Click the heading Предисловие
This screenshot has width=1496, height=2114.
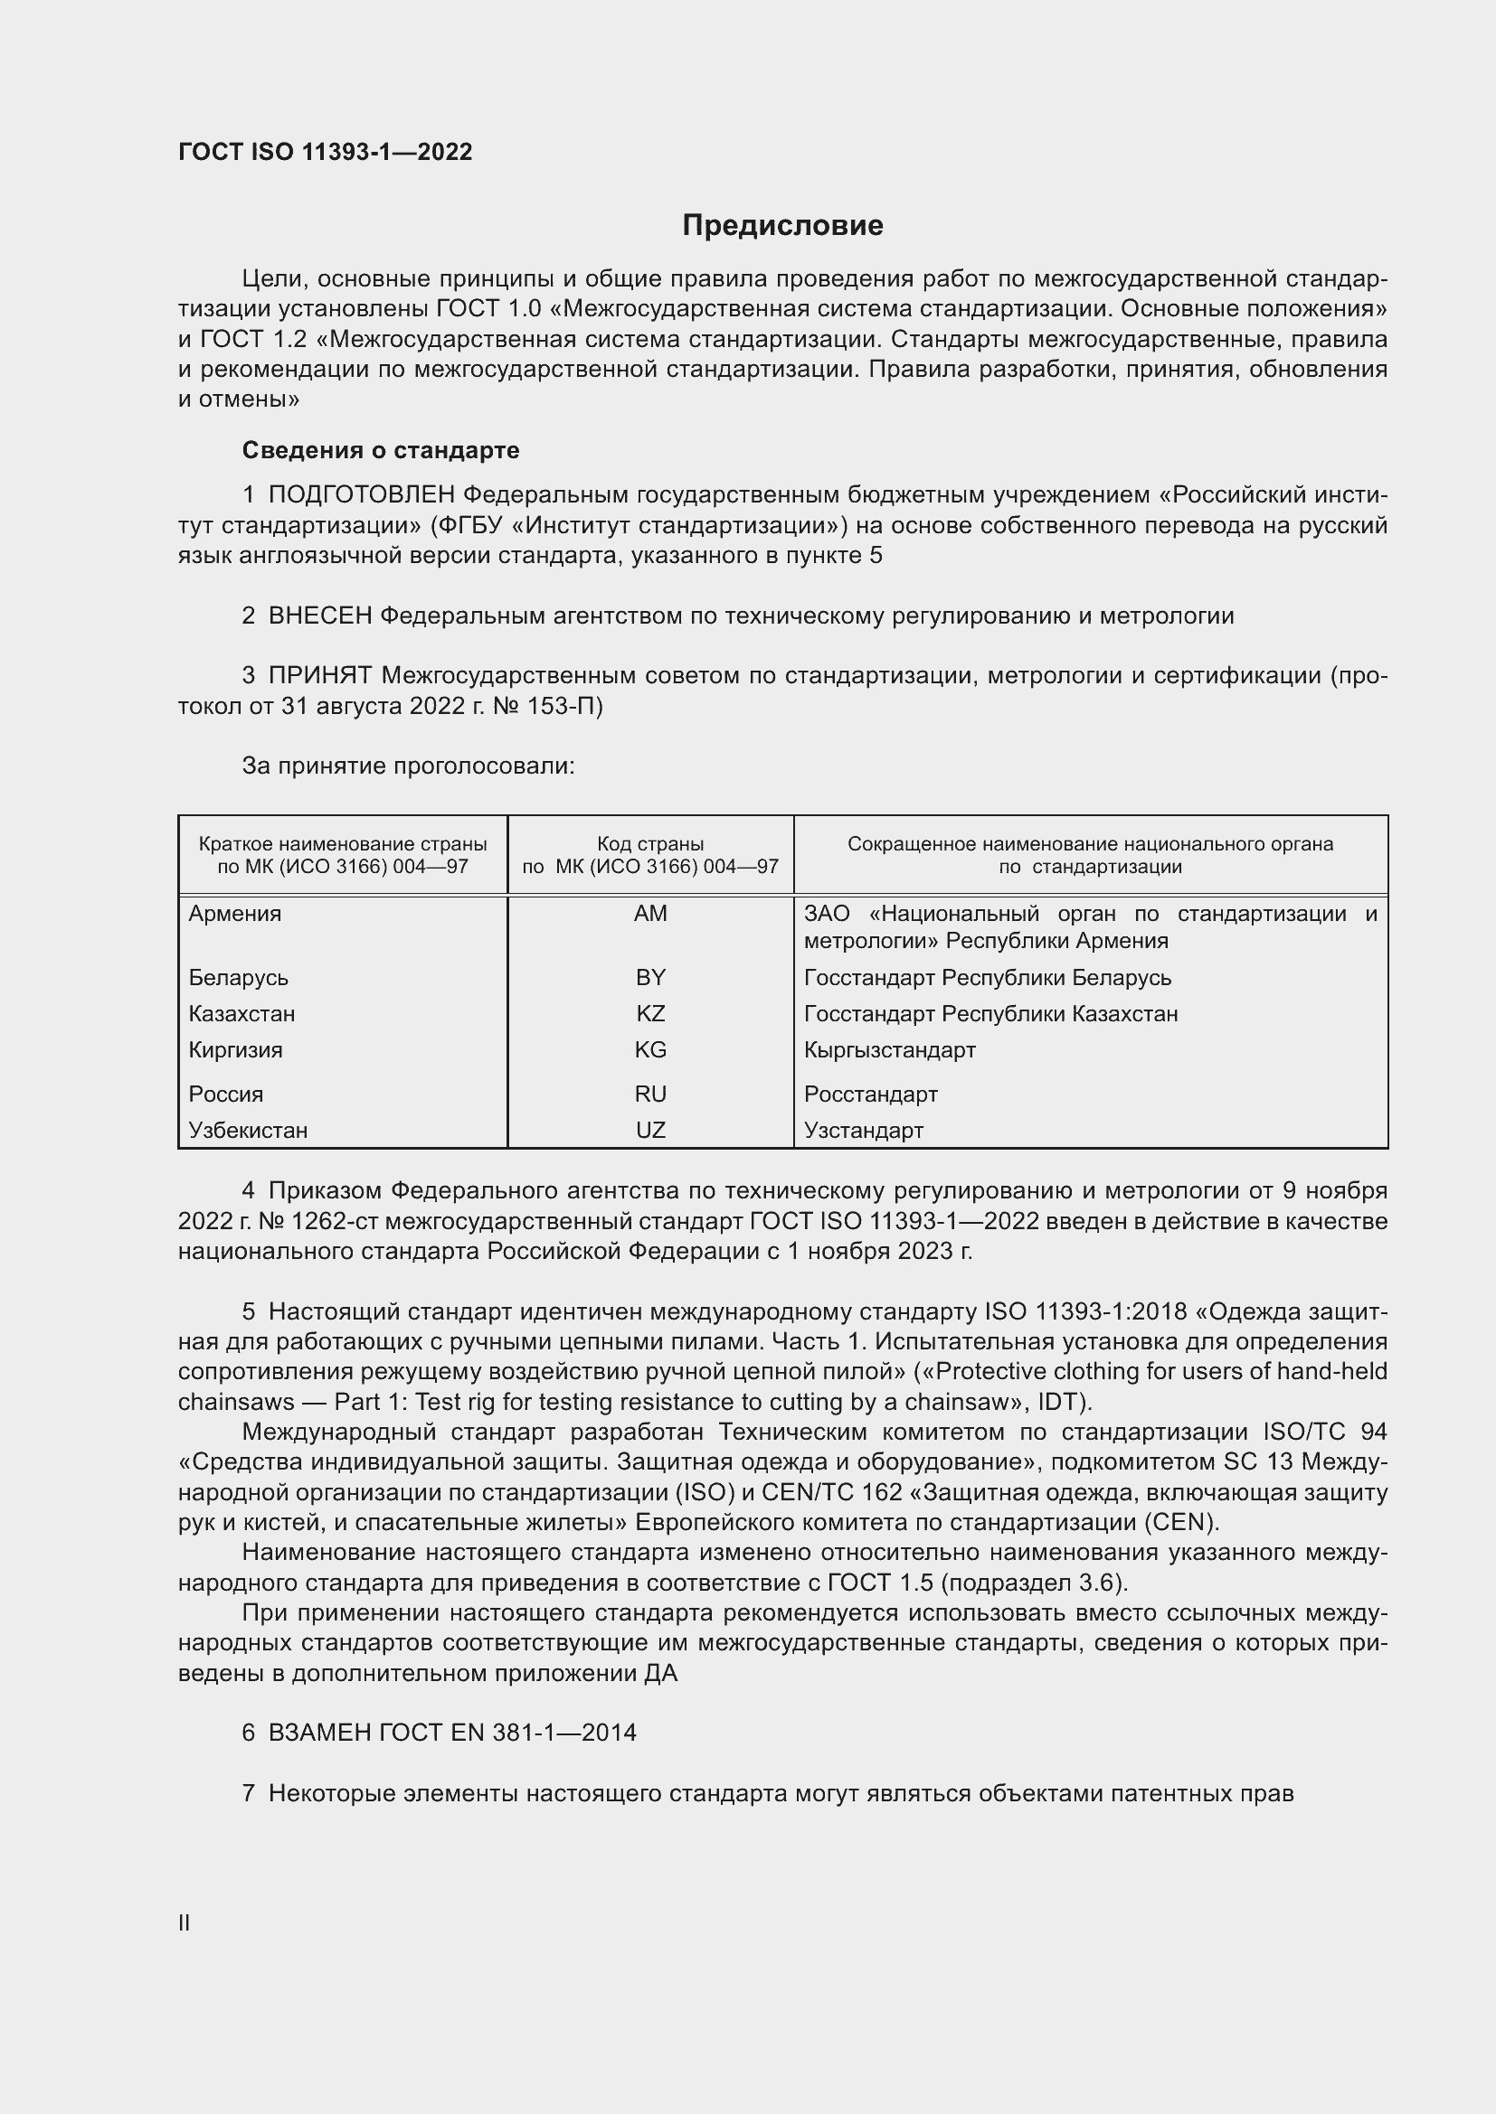782,226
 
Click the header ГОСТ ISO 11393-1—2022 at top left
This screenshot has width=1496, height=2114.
326,152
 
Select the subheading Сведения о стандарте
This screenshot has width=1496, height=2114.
381,450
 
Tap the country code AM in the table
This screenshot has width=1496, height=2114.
650,914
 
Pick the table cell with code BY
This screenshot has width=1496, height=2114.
650,977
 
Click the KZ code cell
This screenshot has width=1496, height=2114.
650,1014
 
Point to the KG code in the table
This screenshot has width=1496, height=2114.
650,1049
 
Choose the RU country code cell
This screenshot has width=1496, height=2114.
650,1094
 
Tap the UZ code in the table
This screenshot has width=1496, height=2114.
650,1130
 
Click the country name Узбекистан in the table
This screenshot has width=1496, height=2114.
248,1130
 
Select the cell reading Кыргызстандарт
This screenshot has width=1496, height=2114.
889,1049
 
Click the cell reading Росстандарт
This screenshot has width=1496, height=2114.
870,1094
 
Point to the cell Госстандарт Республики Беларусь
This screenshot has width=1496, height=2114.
988,977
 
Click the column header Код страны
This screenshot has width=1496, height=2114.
650,843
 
